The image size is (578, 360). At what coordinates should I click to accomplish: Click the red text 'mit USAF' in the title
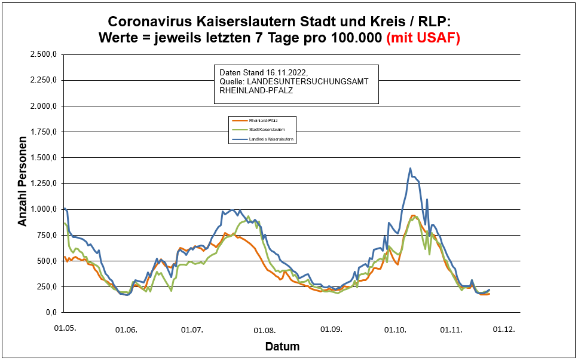[423, 38]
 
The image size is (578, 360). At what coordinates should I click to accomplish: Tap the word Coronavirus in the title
[157, 22]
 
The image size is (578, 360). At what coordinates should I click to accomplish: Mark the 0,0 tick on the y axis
[50, 313]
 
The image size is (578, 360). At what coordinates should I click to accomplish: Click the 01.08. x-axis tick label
[264, 330]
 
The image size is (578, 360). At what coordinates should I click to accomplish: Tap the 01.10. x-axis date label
[396, 330]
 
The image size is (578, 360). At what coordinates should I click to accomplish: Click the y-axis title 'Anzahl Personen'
[23, 183]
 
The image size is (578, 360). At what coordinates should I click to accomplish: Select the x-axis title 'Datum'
[283, 346]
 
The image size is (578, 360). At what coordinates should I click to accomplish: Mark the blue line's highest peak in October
[410, 169]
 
